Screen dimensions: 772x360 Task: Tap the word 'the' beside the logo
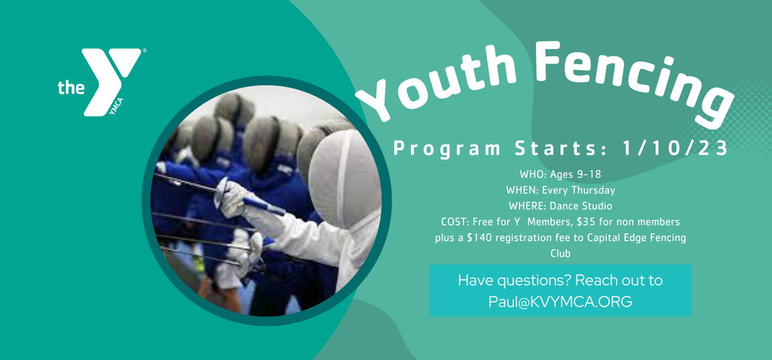point(71,87)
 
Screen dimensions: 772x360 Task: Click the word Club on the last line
point(560,254)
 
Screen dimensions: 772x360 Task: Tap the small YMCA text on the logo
point(116,107)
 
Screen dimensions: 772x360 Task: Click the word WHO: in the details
point(530,174)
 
